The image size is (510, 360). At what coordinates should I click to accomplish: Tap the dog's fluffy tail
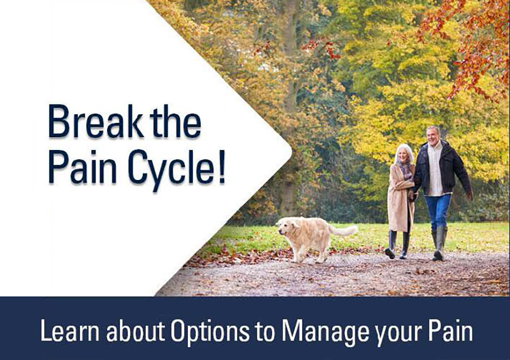[344, 230]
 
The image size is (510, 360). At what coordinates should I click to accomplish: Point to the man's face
[433, 136]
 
